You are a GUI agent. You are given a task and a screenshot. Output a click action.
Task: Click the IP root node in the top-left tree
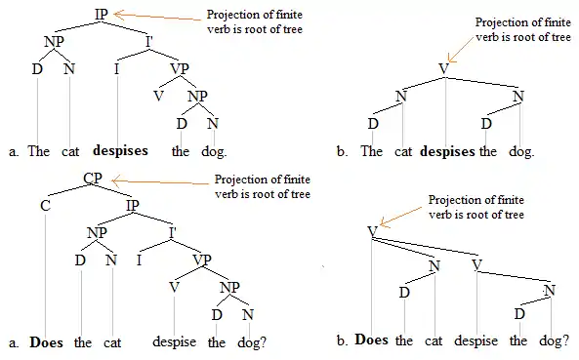click(x=101, y=14)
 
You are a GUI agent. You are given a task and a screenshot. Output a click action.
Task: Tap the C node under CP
click(x=45, y=207)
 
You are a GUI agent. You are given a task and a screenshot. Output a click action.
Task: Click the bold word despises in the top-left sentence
click(x=120, y=151)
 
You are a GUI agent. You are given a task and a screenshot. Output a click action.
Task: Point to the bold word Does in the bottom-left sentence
click(x=47, y=342)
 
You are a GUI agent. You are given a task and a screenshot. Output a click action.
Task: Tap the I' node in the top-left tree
click(x=150, y=41)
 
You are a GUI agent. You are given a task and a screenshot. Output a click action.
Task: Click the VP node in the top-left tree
click(x=180, y=68)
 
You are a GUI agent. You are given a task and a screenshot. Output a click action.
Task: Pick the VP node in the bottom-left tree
click(x=202, y=260)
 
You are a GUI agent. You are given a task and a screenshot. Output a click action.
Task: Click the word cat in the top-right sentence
click(x=403, y=151)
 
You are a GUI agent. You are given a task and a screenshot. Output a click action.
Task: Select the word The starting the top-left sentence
click(x=39, y=151)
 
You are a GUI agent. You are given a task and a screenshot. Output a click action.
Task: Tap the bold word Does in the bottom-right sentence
click(x=371, y=341)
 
